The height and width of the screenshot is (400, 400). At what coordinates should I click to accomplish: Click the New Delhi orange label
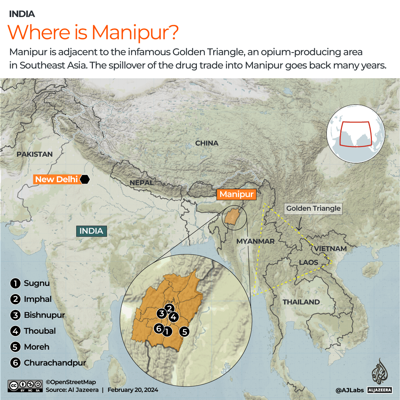point(56,180)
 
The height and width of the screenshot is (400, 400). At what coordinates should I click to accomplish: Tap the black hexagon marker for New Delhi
point(85,179)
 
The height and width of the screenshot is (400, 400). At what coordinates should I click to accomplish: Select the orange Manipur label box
point(236,194)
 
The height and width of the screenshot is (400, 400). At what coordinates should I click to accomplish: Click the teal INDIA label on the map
point(91,231)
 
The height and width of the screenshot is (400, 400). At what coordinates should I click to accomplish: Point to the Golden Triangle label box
point(313,209)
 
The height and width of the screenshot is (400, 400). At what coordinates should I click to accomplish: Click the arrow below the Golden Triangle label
point(299,223)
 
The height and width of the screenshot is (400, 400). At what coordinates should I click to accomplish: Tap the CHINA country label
point(206,143)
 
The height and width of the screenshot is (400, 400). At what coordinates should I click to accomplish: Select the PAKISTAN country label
point(35,154)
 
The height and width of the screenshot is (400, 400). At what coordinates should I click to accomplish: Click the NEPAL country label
point(141,183)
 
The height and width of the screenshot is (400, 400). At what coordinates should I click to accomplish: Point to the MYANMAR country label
point(255,241)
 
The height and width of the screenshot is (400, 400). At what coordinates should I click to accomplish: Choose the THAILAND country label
point(301,302)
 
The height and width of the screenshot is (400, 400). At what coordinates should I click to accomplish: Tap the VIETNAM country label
point(330,249)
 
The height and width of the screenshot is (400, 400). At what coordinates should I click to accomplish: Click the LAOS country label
point(309,262)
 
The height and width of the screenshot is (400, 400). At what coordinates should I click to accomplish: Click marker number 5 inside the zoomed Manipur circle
point(184,332)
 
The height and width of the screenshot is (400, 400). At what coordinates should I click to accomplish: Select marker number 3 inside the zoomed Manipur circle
point(161,314)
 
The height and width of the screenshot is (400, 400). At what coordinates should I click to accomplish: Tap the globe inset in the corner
point(356,133)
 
